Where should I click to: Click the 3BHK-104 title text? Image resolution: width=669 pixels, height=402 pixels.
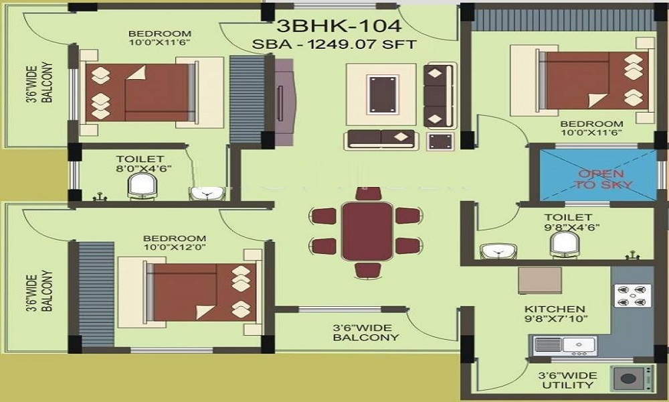tap(339, 25)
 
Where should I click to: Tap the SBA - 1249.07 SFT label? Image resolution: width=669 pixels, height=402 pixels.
tap(334, 44)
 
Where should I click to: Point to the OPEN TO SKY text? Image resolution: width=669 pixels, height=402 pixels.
tap(603, 180)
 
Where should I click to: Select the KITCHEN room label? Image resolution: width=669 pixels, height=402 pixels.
tap(554, 309)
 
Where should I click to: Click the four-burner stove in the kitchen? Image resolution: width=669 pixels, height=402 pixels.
tap(632, 295)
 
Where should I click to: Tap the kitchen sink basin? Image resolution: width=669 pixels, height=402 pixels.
tap(579, 345)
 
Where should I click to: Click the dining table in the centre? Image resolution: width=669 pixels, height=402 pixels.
tap(367, 230)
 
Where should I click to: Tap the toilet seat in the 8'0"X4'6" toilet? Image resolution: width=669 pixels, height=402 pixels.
tap(142, 187)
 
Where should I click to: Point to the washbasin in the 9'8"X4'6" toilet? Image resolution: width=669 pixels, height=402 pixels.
tap(498, 251)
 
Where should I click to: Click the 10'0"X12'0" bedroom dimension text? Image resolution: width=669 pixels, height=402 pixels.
tap(175, 247)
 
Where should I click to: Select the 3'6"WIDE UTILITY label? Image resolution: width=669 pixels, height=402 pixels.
tap(567, 380)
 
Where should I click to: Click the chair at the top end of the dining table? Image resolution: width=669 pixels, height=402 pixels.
tap(368, 194)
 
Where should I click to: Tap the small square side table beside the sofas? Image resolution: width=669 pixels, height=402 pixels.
tap(441, 141)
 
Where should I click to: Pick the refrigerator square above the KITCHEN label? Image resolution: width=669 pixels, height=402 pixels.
tap(540, 280)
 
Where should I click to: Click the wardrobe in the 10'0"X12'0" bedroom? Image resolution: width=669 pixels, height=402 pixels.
tap(97, 294)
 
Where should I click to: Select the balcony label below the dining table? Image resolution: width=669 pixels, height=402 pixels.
tap(366, 332)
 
